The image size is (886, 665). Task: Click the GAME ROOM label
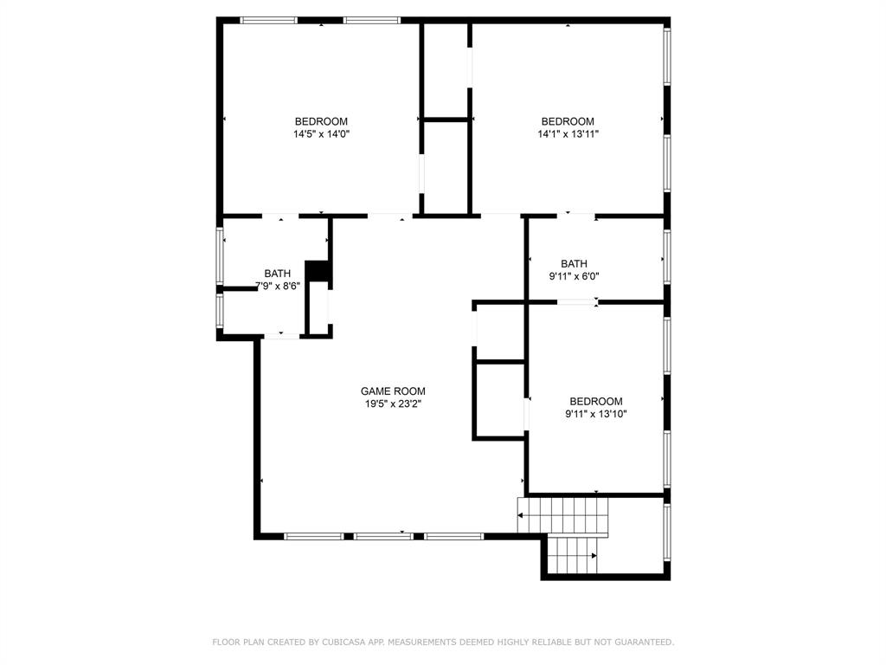pyautogui.click(x=393, y=391)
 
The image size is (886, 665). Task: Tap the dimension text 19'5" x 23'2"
pyautogui.click(x=393, y=404)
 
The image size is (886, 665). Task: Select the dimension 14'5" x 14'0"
pyautogui.click(x=321, y=134)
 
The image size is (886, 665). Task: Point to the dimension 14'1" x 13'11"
pyautogui.click(x=568, y=134)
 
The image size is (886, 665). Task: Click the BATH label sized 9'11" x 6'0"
pyautogui.click(x=574, y=264)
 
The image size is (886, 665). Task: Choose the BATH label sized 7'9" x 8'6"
pyautogui.click(x=278, y=274)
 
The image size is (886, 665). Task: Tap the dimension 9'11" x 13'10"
pyautogui.click(x=595, y=414)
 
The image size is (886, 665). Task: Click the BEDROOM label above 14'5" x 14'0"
pyautogui.click(x=321, y=121)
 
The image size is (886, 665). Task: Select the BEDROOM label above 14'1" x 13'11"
pyautogui.click(x=568, y=121)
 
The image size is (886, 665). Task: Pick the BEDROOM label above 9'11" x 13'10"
pyautogui.click(x=595, y=401)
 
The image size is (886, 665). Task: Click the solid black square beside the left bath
pyautogui.click(x=318, y=271)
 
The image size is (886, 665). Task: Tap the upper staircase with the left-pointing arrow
pyautogui.click(x=562, y=515)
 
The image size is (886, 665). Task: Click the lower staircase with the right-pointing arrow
pyautogui.click(x=572, y=555)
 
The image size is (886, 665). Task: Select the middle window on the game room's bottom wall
pyautogui.click(x=383, y=537)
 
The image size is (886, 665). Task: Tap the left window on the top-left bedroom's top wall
pyautogui.click(x=268, y=20)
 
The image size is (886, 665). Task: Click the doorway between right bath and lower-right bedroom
pyautogui.click(x=576, y=302)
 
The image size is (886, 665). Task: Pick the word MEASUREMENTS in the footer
pyautogui.click(x=425, y=642)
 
